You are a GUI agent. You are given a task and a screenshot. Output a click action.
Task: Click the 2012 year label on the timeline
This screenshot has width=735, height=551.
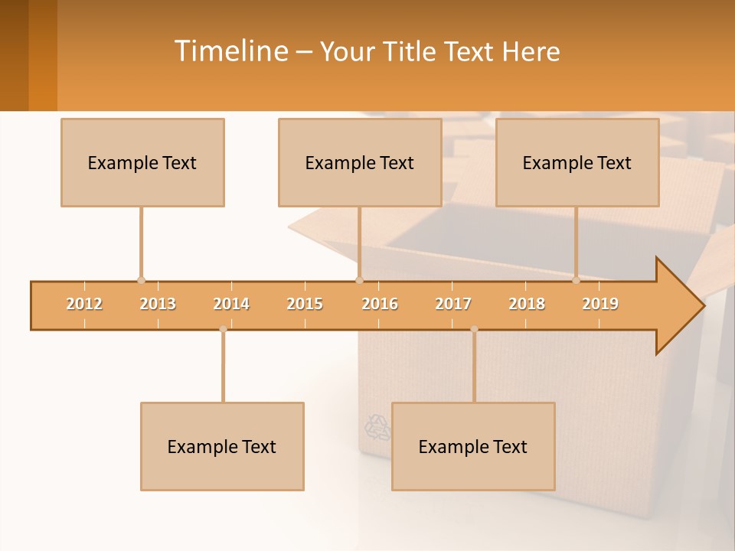[84, 304]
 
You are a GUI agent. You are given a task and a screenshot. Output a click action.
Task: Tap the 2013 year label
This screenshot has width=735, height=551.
[158, 304]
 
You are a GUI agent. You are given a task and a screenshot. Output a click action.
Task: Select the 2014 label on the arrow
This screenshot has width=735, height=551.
[231, 304]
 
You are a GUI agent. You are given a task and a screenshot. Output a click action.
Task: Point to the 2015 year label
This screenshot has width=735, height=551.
[305, 304]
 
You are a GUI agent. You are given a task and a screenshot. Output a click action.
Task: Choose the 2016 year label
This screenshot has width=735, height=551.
[380, 304]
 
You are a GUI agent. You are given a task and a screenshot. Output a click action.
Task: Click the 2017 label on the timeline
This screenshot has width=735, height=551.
[453, 304]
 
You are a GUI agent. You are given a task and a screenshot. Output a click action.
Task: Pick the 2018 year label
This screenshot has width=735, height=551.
[527, 304]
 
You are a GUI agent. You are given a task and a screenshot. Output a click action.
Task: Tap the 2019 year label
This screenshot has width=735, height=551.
[600, 304]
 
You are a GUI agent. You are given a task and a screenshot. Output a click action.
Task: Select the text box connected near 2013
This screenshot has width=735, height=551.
[142, 163]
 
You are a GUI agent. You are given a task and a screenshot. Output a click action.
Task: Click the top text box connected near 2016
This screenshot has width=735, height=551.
[360, 163]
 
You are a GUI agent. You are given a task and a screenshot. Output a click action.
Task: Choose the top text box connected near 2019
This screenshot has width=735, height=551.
[577, 163]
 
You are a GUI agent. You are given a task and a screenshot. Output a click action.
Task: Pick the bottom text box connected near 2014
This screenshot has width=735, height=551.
[222, 447]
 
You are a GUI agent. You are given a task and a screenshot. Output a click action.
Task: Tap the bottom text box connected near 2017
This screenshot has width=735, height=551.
[473, 447]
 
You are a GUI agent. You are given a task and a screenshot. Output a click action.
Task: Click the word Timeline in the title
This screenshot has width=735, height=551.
[230, 51]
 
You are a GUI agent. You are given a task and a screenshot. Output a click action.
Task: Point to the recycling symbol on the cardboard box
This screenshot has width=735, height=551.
[377, 427]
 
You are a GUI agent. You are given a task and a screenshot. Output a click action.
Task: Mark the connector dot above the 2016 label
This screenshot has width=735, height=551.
[359, 281]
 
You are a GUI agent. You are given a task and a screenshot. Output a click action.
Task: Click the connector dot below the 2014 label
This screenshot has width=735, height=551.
[223, 329]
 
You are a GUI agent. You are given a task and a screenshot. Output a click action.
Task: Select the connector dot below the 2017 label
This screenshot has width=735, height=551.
[474, 329]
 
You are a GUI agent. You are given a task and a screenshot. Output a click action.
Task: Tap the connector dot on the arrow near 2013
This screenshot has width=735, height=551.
[141, 281]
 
